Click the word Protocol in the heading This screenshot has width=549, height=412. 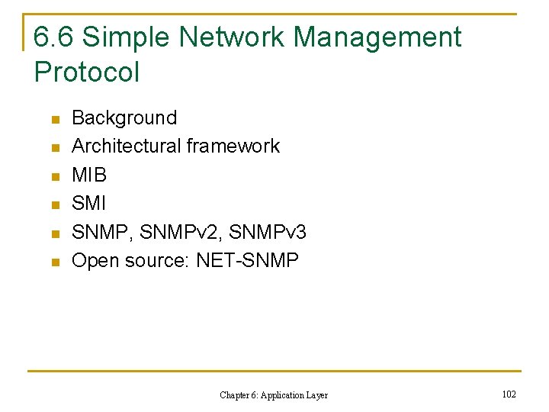87,72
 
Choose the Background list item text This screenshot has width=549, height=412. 124,118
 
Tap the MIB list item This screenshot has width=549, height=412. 89,175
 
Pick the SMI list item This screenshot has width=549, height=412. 88,204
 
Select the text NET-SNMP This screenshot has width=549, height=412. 247,260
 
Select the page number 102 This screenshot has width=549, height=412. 509,394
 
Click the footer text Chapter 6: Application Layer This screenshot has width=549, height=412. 274,394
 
